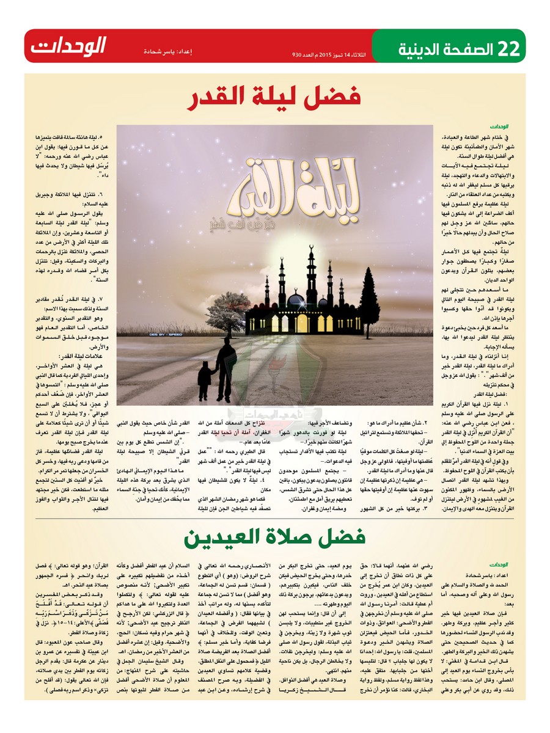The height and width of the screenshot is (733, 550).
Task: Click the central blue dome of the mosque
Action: click(x=296, y=301)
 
